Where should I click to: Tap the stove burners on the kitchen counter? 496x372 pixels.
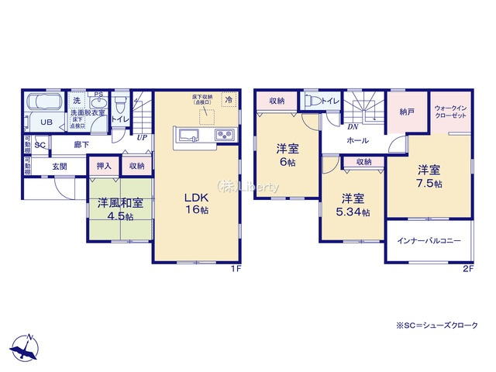pos(225,136)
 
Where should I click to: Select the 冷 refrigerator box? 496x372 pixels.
pos(228,100)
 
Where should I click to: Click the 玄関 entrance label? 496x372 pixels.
pos(60,166)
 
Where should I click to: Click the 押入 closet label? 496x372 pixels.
pos(104,165)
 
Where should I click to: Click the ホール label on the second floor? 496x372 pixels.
pos(357,140)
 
